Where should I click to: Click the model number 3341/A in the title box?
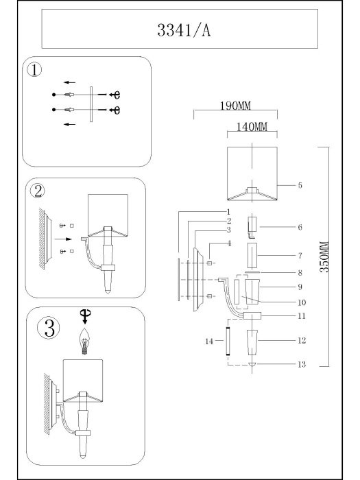184,30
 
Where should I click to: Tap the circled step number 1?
34,70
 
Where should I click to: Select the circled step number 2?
38,191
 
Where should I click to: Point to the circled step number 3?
49,328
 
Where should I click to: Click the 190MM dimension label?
235,106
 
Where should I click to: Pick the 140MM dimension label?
252,127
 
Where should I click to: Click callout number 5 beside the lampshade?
300,185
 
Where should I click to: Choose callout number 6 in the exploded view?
300,227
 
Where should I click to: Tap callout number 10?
302,302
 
